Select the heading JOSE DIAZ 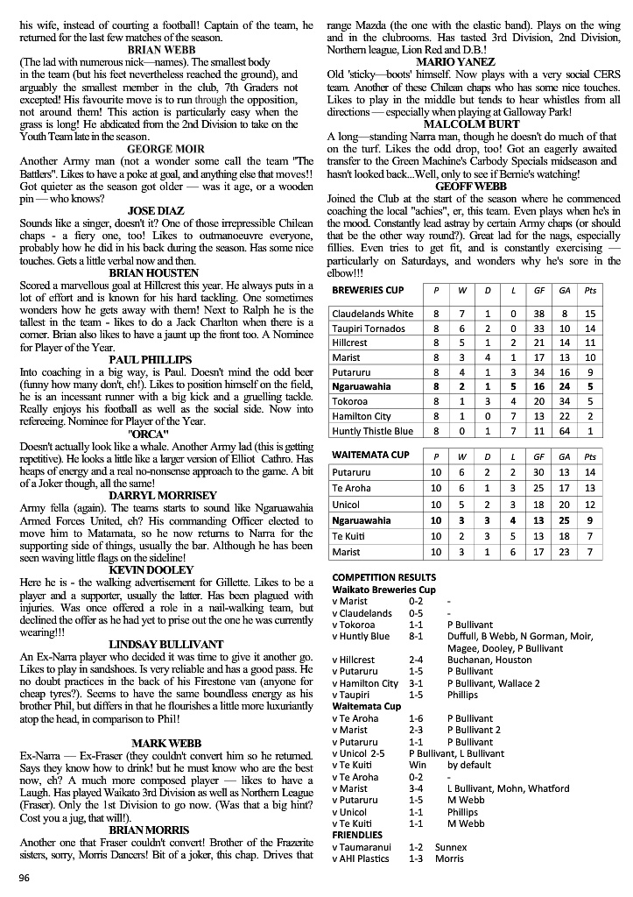click(166, 211)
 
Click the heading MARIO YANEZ click(474, 62)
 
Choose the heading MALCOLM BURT click(474, 124)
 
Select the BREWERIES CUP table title click(369, 290)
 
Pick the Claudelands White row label click(373, 314)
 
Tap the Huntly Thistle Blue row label click(373, 431)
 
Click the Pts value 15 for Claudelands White click(591, 314)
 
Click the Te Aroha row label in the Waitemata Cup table click(352, 489)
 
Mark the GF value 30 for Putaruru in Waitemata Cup click(540, 472)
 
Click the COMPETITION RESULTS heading click(384, 577)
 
